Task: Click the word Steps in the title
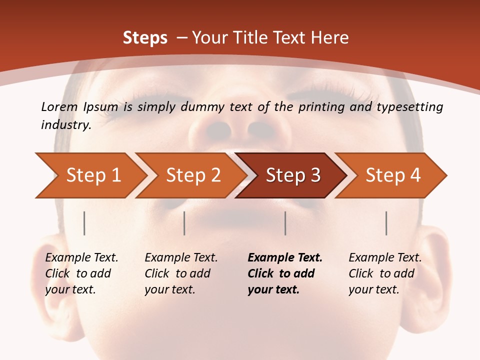145,38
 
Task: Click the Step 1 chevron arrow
92,175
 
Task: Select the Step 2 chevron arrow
193,175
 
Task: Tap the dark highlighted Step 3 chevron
293,175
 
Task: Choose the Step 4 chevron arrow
393,175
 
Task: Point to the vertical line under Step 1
84,223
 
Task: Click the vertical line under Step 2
184,223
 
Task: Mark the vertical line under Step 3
285,223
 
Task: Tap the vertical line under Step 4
386,223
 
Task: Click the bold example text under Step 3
284,273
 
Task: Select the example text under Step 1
81,273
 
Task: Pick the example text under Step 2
181,273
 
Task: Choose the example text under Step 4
385,273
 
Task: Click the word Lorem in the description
59,106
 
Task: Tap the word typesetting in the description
413,107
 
